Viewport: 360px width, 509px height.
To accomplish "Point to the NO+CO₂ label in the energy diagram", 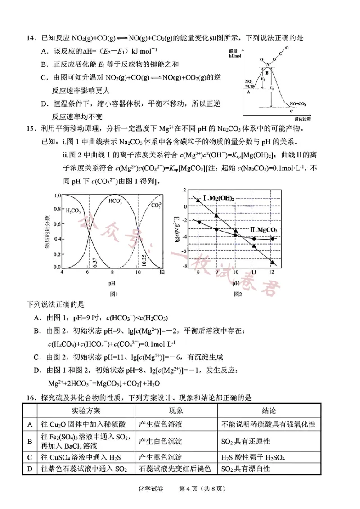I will [x=297, y=103].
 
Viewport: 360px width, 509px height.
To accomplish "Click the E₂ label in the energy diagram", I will [x=271, y=89].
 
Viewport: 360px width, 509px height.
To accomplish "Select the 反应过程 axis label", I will [x=302, y=119].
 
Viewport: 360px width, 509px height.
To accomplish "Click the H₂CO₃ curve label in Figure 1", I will [x=74, y=210].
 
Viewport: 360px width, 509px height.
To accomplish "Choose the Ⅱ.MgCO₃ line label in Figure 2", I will [x=262, y=230].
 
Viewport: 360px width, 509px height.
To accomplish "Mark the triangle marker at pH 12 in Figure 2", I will [x=272, y=263].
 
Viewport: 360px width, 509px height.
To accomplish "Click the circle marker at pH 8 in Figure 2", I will [x=198, y=222].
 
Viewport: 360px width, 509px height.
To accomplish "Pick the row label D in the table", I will [x=30, y=469].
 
